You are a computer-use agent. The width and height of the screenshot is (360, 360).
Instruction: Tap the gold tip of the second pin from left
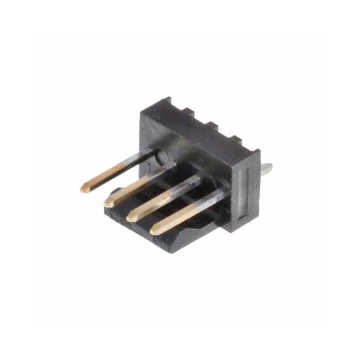tap(108, 203)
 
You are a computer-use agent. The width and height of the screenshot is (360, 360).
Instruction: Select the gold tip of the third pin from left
tap(130, 217)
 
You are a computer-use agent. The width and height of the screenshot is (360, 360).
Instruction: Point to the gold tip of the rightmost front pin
tap(154, 231)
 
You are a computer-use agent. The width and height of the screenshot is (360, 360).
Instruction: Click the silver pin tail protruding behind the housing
tap(266, 169)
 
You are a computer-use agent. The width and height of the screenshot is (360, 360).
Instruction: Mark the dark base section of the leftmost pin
tap(143, 158)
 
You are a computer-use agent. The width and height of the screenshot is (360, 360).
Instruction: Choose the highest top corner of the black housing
tap(168, 99)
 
